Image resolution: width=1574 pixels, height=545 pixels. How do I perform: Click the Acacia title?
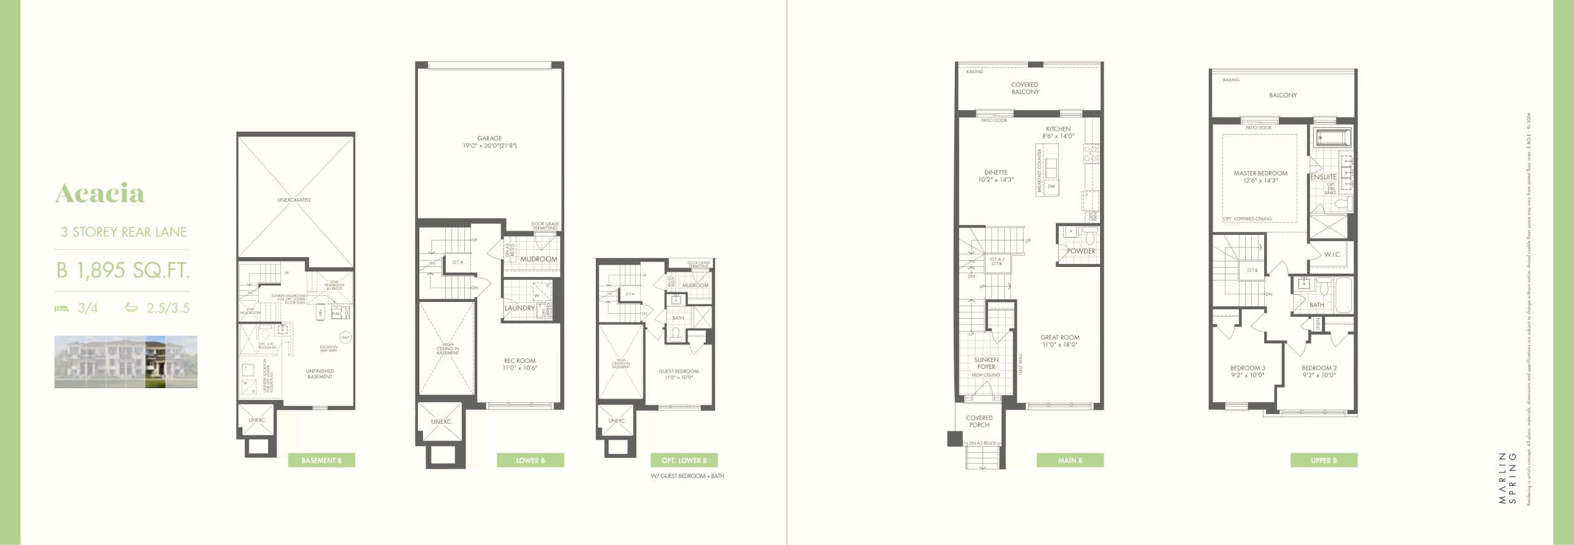(100, 194)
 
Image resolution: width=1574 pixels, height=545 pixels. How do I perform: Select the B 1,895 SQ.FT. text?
(122, 270)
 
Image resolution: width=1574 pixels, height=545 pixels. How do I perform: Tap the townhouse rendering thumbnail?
(125, 362)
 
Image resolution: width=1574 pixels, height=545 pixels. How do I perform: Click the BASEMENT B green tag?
(321, 460)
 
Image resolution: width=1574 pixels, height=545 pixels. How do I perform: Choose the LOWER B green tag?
(530, 460)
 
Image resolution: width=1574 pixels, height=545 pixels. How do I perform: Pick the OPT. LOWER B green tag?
(684, 460)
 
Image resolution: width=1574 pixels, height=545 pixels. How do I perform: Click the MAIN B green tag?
(1070, 460)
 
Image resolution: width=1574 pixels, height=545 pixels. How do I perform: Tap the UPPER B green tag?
(1323, 460)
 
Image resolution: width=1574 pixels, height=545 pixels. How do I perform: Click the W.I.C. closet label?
(1332, 255)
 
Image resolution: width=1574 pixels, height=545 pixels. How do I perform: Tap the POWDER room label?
(1081, 251)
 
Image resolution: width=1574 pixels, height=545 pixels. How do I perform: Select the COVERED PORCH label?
(979, 421)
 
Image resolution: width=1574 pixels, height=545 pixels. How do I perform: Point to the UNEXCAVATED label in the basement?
(294, 200)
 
